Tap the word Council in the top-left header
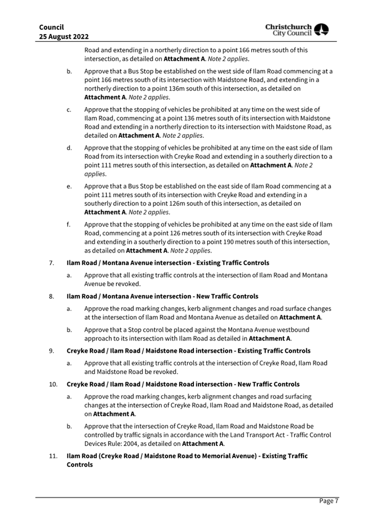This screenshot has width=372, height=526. (52, 26)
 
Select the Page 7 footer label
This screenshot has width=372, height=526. (329, 501)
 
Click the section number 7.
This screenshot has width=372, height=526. (51, 262)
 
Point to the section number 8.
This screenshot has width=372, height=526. (51, 297)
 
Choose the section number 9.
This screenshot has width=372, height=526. (51, 351)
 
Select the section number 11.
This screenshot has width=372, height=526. (52, 456)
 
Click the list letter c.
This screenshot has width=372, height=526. (68, 110)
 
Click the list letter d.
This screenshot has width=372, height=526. (68, 148)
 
